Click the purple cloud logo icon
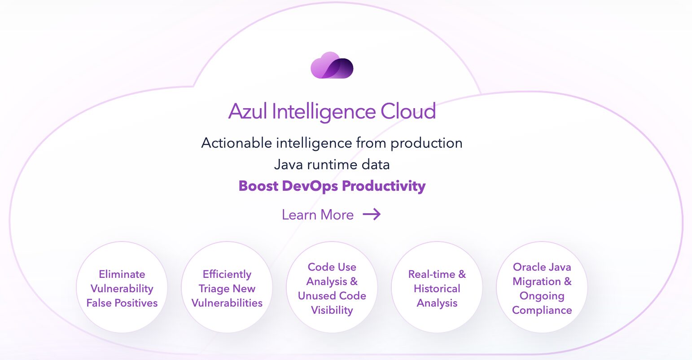pos(332,65)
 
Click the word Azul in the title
pos(248,111)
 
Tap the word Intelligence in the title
pos(324,112)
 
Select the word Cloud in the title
pos(408,111)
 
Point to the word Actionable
pos(237,143)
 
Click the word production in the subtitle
pos(426,144)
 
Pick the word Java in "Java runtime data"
pos(289,164)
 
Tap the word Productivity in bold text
pos(384,186)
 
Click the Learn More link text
pos(318,215)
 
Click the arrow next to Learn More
pos(372,214)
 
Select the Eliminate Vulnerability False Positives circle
pos(122,287)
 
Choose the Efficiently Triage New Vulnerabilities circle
pos(227,287)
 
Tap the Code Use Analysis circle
pos(332,287)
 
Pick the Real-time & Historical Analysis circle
pos(437,287)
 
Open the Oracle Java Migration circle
pos(542,287)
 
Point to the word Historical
pos(437,289)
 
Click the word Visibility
pos(332,310)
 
